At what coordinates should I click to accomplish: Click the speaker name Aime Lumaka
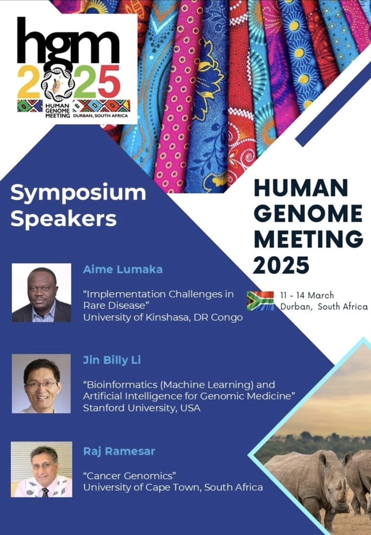[123, 270]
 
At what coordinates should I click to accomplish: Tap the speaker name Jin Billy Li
[112, 361]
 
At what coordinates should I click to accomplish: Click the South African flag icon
[260, 300]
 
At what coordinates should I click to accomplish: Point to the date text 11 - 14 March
[307, 295]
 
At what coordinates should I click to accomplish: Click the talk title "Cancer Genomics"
[129, 476]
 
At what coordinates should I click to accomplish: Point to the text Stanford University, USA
[141, 408]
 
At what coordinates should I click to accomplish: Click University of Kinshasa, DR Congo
[163, 317]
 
